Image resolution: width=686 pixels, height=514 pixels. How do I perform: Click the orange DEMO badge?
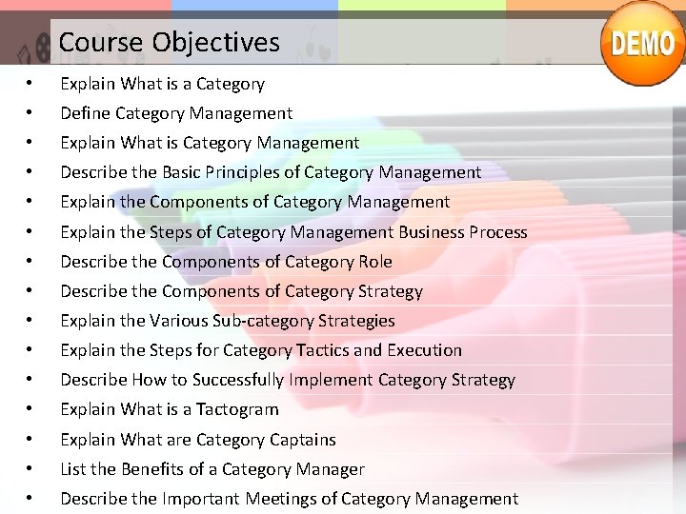click(x=643, y=44)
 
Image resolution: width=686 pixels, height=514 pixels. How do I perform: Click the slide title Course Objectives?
click(x=169, y=43)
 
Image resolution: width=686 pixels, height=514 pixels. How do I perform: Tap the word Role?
click(x=374, y=262)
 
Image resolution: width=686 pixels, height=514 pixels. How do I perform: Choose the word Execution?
click(x=425, y=350)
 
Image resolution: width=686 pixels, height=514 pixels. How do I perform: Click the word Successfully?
click(x=238, y=380)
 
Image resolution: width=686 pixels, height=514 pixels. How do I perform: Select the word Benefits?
click(x=152, y=469)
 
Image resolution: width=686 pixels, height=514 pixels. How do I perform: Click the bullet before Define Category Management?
click(x=31, y=113)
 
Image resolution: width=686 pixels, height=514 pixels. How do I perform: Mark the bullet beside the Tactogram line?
click(x=31, y=409)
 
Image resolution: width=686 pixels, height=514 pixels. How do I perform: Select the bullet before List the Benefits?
click(x=31, y=469)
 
